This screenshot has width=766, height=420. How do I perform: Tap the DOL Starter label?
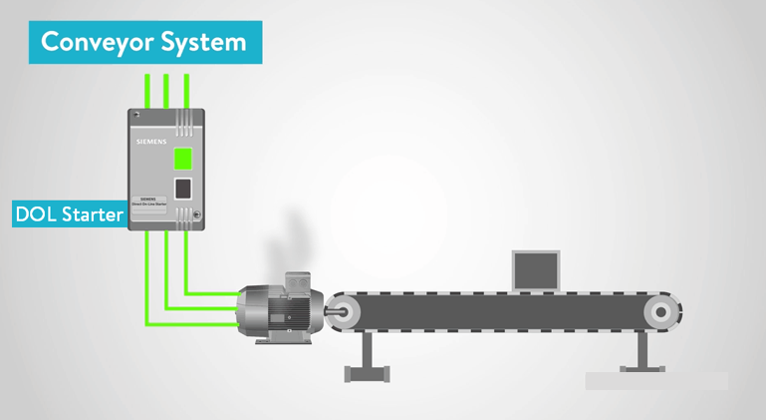click(69, 213)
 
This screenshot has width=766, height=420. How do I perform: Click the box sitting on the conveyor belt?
click(535, 268)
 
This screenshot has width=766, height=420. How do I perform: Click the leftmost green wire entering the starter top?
click(146, 90)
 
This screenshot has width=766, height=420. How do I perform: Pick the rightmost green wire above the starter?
click(185, 90)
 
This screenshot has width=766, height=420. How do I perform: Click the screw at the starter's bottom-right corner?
click(196, 215)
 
